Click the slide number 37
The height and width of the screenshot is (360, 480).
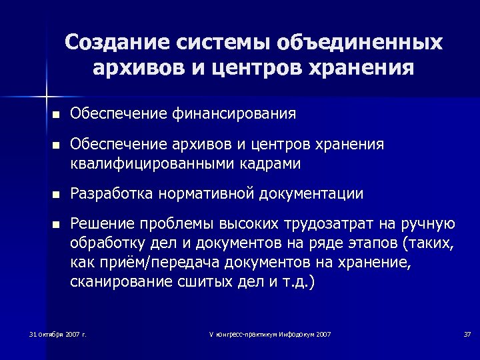coord(467,333)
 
